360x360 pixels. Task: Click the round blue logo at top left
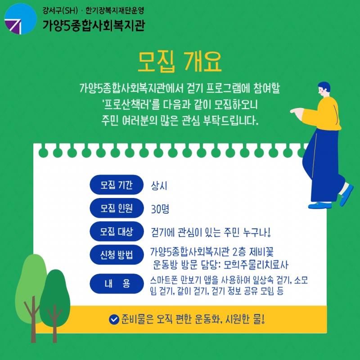pyautogui.click(x=20, y=19)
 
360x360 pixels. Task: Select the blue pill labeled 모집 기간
pyautogui.click(x=117, y=185)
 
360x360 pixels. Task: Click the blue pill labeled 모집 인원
pyautogui.click(x=117, y=208)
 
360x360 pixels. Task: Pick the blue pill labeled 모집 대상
pyautogui.click(x=117, y=231)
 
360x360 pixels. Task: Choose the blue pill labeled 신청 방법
pyautogui.click(x=117, y=255)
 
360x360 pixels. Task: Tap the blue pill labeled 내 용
pyautogui.click(x=117, y=283)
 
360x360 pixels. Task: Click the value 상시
pyautogui.click(x=159, y=185)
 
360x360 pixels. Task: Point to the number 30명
pyautogui.click(x=160, y=209)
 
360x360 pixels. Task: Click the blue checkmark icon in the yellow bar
pyautogui.click(x=114, y=319)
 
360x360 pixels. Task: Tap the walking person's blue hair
pyautogui.click(x=324, y=86)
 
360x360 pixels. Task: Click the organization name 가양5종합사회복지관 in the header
pyautogui.click(x=94, y=25)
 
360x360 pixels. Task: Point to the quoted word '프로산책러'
pyautogui.click(x=127, y=104)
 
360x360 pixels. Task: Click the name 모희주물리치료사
pyautogui.click(x=256, y=265)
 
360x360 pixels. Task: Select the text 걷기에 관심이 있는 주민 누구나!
pyautogui.click(x=211, y=232)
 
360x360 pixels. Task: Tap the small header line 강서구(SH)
pyautogui.click(x=60, y=10)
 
